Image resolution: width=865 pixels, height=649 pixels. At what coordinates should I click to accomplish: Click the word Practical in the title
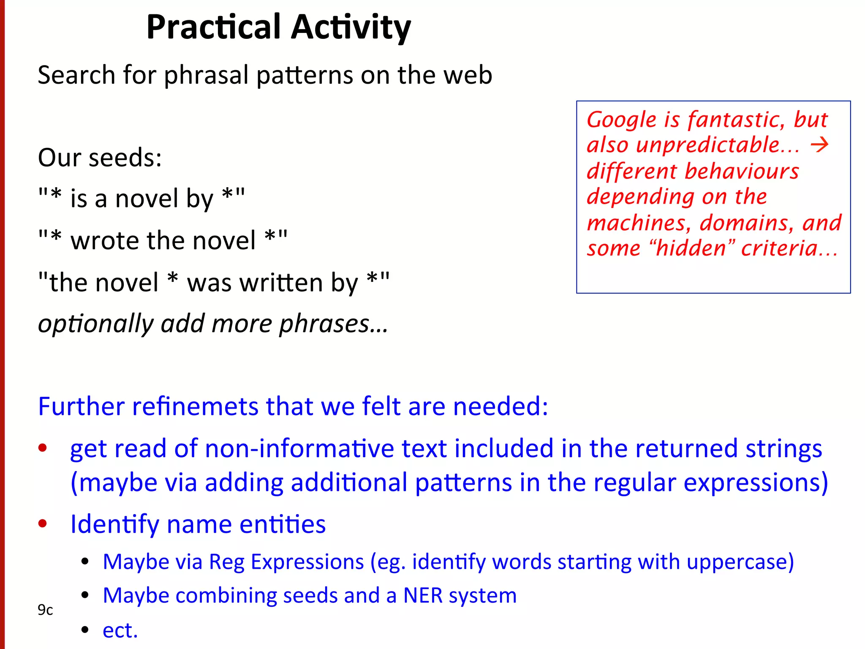pos(213,27)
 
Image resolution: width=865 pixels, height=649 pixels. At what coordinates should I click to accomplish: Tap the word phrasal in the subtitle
pos(206,76)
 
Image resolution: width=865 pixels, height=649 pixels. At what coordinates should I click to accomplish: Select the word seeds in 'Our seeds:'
pos(125,158)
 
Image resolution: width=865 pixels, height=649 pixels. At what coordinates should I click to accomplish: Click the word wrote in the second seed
pos(104,240)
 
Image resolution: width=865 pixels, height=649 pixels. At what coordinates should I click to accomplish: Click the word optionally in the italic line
pos(95,324)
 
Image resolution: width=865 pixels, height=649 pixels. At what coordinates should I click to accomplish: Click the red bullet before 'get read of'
pos(43,448)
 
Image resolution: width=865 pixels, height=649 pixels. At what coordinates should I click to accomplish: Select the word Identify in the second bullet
pos(114,524)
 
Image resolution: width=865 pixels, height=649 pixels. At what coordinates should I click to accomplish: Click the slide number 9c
pos(45,610)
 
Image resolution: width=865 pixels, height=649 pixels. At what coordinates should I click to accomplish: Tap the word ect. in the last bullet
pos(120,630)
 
